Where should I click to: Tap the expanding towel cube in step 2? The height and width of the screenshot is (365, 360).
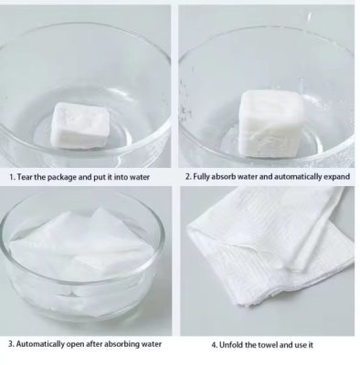tap(271, 124)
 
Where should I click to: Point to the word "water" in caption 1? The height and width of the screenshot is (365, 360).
tap(139, 177)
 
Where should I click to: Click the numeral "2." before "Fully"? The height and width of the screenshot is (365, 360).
tap(188, 176)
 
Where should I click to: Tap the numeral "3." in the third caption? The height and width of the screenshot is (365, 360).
tap(12, 344)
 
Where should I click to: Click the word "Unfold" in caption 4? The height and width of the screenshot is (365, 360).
tap(231, 345)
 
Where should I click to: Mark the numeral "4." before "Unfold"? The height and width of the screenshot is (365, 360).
tap(215, 345)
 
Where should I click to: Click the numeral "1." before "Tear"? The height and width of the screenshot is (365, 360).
tap(13, 177)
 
